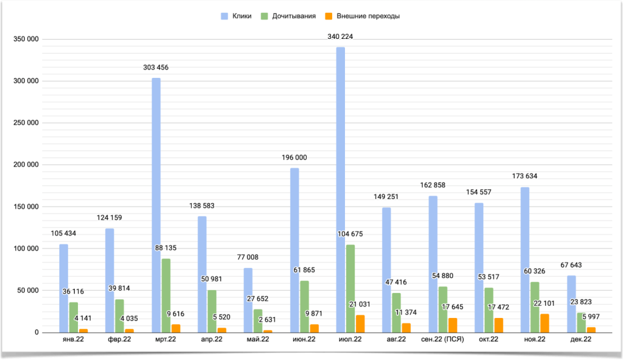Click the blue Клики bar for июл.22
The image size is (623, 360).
[341, 190]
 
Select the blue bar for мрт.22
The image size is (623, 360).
[156, 205]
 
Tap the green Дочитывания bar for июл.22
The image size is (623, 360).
[350, 289]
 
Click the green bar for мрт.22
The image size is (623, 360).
[166, 296]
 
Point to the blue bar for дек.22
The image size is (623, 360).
[572, 304]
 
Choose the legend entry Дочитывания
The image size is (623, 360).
[288, 16]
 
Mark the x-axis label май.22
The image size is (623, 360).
[258, 340]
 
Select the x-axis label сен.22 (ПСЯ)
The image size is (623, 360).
[442, 340]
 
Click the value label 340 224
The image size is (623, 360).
[339, 37]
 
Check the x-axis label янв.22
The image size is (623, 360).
[73, 340]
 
